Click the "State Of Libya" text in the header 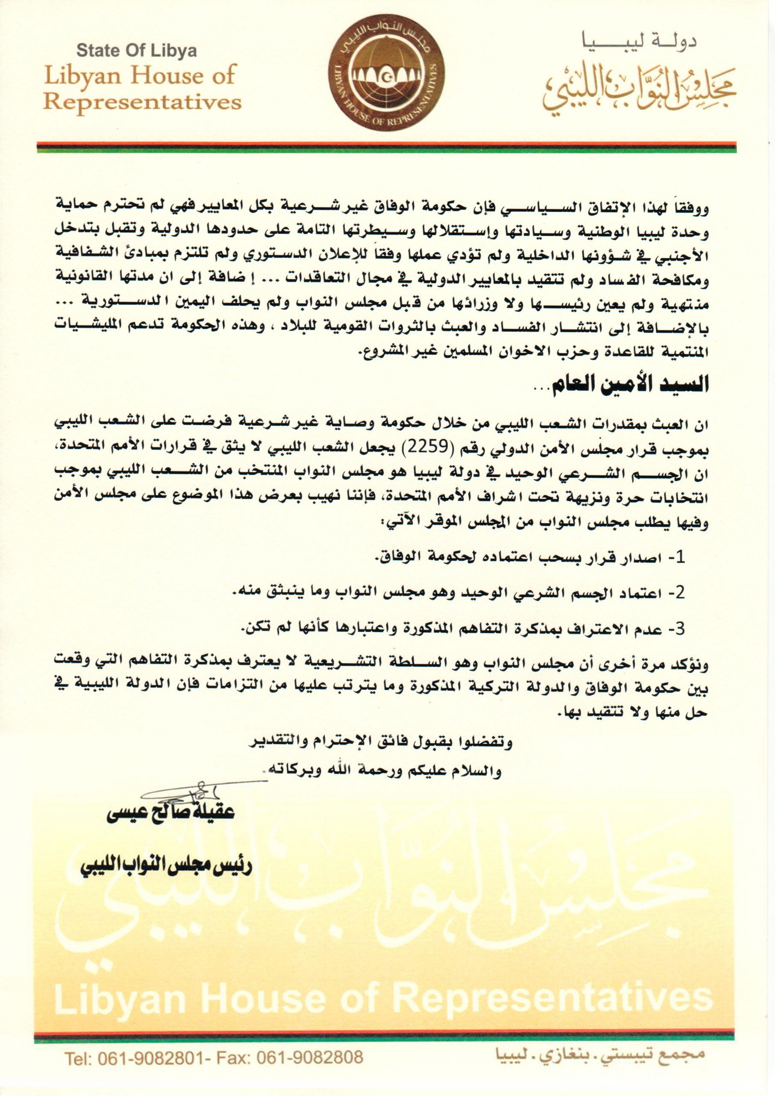coord(137,51)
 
